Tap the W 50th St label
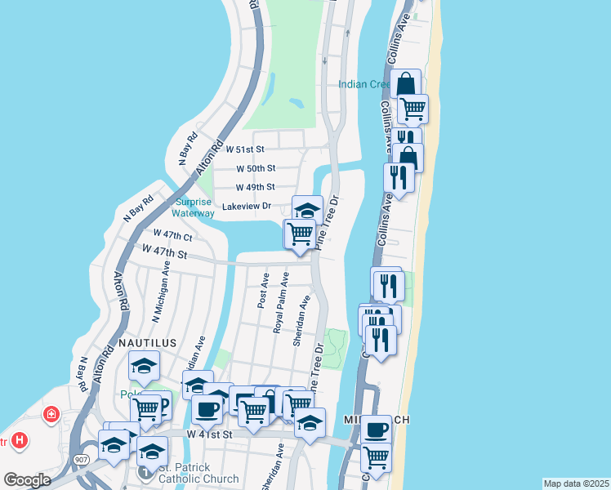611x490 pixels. pyautogui.click(x=256, y=168)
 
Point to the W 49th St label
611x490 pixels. pyautogui.click(x=256, y=187)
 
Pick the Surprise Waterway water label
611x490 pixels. pyautogui.click(x=194, y=207)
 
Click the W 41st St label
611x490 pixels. pyautogui.click(x=210, y=435)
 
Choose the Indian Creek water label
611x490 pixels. pyautogui.click(x=367, y=84)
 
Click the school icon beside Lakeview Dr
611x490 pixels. pyautogui.click(x=307, y=210)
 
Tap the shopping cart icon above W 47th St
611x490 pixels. pyautogui.click(x=300, y=234)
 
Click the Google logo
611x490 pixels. pyautogui.click(x=27, y=480)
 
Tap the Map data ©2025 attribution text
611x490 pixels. pyautogui.click(x=575, y=483)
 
